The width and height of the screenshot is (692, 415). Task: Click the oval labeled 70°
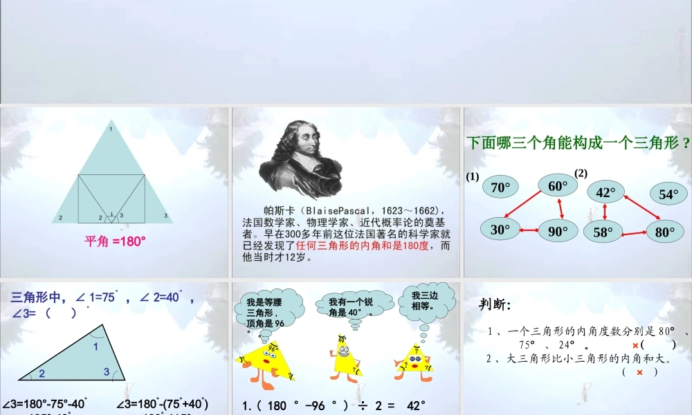coord(500,187)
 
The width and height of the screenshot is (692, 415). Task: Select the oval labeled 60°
coord(558,185)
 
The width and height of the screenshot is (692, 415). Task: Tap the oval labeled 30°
coord(500,230)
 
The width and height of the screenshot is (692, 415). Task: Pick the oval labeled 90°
coord(558,232)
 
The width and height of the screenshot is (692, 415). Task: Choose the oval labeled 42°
coord(605,192)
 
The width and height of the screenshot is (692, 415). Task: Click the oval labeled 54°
coord(668,194)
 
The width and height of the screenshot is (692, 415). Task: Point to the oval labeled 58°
coord(603,232)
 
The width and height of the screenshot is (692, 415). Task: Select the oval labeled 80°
coord(665,232)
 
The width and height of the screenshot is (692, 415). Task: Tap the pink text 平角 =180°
coord(115,241)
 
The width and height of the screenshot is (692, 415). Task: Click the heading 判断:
coord(495,305)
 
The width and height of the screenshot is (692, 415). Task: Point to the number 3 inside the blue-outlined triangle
coord(107,371)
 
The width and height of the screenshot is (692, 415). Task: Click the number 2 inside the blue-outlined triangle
coord(42,373)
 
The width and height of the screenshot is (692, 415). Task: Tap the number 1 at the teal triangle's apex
coord(111,129)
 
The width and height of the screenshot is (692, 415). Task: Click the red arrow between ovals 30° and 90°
coord(529,230)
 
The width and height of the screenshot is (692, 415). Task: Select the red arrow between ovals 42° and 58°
coord(605,212)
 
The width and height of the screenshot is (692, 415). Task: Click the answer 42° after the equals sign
coord(416,406)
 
